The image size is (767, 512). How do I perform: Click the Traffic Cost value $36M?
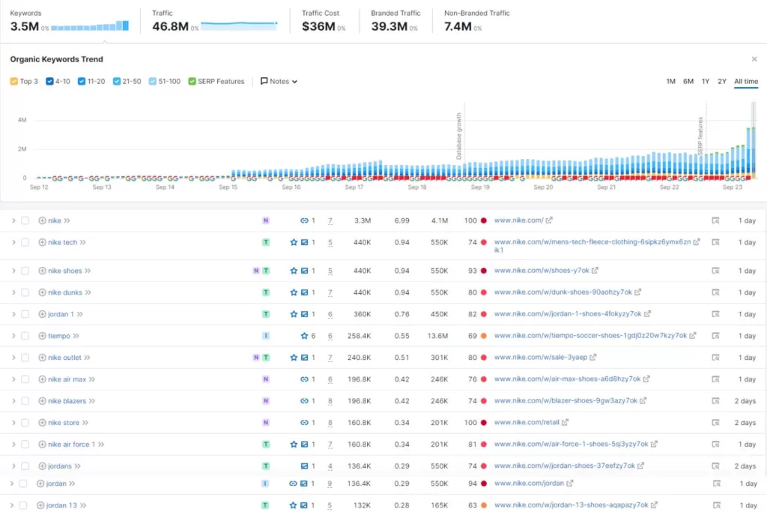[x=318, y=26]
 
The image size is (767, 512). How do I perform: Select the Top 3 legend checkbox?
[x=13, y=82]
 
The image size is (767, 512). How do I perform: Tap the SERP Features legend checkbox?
[x=192, y=82]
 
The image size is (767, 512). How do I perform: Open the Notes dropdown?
[x=279, y=82]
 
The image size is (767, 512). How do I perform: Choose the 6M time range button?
[x=688, y=82]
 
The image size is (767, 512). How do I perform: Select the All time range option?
[x=745, y=82]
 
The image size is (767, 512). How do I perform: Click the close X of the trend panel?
[x=754, y=59]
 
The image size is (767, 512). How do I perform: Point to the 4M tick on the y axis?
[x=22, y=120]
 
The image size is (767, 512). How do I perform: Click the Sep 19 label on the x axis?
[x=481, y=187]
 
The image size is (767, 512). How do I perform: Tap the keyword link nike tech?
[x=62, y=243]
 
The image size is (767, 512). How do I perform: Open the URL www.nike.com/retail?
[x=527, y=423]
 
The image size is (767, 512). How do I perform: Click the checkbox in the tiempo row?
[x=25, y=336]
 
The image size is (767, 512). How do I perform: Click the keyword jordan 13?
[x=61, y=505]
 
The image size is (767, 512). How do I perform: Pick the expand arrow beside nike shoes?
[x=13, y=271]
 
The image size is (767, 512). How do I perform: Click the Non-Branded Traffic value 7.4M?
[x=457, y=26]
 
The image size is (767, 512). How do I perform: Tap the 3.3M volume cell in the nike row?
[x=363, y=221]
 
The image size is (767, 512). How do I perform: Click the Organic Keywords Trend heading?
[x=56, y=59]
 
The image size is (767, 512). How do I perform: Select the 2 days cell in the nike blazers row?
[x=745, y=401]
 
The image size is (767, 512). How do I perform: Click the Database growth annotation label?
[x=459, y=136]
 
